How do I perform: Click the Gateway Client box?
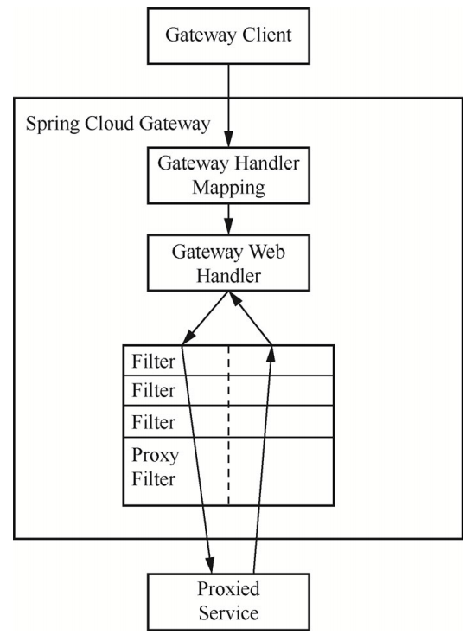pyautogui.click(x=228, y=36)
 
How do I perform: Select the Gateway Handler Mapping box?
pyautogui.click(x=228, y=176)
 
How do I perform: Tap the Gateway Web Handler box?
pyautogui.click(x=228, y=263)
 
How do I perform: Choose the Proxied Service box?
pyautogui.click(x=228, y=601)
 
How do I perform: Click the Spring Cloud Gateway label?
pyautogui.click(x=118, y=124)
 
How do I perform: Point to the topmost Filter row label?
pyautogui.click(x=153, y=362)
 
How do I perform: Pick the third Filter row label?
pyautogui.click(x=153, y=422)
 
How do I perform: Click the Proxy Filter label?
pyautogui.click(x=156, y=467)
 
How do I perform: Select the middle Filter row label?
pyautogui.click(x=153, y=390)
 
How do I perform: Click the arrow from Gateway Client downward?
pyautogui.click(x=228, y=106)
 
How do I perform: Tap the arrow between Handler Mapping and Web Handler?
pyautogui.click(x=228, y=219)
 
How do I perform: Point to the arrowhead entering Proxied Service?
pyautogui.click(x=210, y=565)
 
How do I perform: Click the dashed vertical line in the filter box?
pyautogui.click(x=228, y=425)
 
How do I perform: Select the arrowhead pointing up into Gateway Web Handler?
pyautogui.click(x=233, y=298)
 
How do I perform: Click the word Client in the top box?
pyautogui.click(x=267, y=35)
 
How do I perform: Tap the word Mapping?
pyautogui.click(x=228, y=189)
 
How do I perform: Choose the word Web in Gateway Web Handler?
pyautogui.click(x=267, y=252)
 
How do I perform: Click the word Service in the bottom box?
pyautogui.click(x=228, y=613)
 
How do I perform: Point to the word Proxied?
pyautogui.click(x=228, y=589)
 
